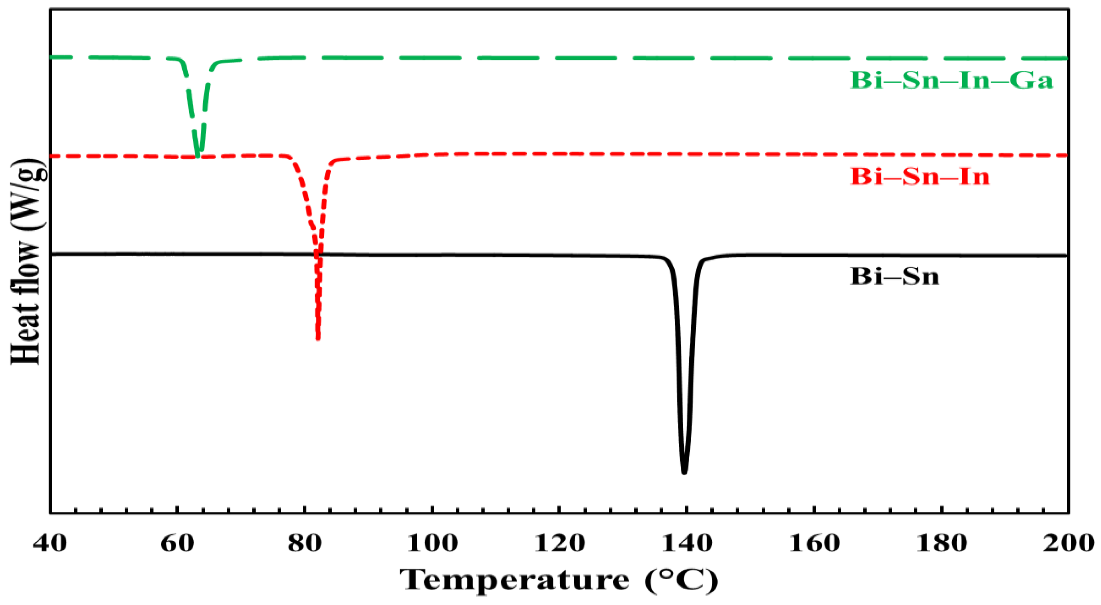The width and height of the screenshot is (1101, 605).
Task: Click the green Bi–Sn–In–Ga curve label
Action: (x=952, y=81)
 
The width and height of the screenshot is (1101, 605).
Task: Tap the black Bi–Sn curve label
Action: (x=895, y=276)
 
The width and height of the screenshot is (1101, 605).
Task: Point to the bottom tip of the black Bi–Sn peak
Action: (x=684, y=473)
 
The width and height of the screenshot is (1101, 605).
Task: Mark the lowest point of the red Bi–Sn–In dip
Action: (x=318, y=338)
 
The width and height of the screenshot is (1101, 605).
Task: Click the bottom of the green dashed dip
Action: (x=197, y=155)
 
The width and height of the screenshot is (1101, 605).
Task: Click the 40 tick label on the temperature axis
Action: (x=50, y=543)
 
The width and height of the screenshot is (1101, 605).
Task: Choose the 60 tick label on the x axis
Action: (x=177, y=543)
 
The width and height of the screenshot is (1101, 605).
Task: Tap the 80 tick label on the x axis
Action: (x=304, y=543)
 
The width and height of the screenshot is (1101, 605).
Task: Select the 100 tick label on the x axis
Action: (x=432, y=543)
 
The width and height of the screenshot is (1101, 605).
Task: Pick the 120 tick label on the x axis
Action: (x=559, y=543)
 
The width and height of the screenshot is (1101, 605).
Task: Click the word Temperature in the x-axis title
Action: (x=515, y=580)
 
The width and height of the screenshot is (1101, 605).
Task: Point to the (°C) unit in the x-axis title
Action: (x=682, y=580)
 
